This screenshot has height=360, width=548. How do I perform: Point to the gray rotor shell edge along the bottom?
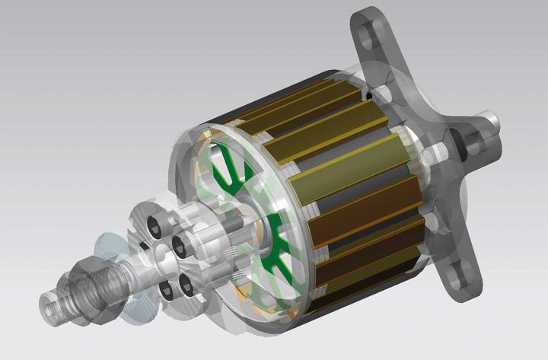[335, 312]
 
